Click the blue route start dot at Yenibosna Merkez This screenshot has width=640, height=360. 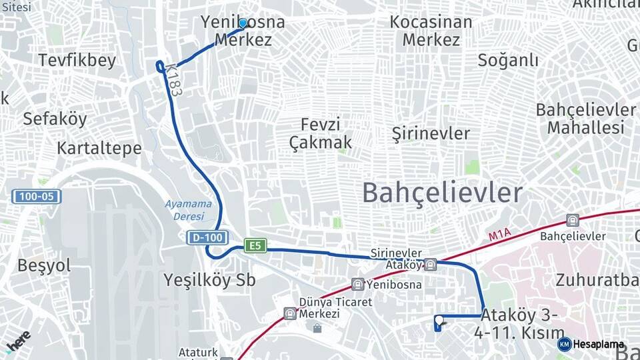point(243,23)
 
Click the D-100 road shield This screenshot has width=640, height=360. point(207,237)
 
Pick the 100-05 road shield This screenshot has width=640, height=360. point(37,197)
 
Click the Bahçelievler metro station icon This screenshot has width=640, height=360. point(572,220)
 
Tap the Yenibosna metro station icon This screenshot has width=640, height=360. point(358,284)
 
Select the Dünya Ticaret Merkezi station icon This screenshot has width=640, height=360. point(290,313)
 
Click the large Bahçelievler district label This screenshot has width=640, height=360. point(442,193)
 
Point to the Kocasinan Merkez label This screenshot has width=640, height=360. point(431,31)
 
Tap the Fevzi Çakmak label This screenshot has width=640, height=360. point(321,133)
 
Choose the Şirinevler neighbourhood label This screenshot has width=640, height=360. point(431,133)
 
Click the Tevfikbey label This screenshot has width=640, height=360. point(77,60)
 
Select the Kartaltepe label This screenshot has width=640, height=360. point(99,148)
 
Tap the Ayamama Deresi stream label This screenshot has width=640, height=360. point(189,210)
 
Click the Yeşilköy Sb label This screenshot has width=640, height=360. point(210,281)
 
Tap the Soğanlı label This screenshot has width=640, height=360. point(508,60)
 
